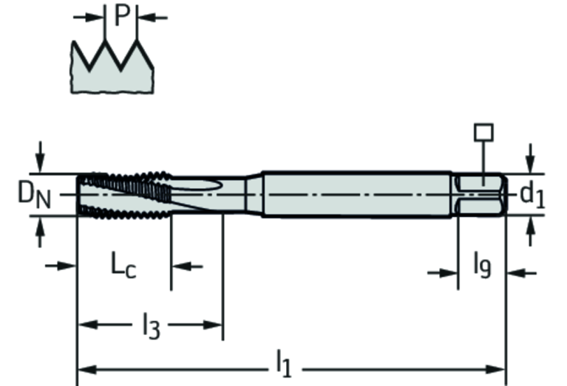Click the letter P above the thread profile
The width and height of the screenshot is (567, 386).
(122, 15)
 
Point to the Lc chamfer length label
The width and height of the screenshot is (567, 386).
(123, 265)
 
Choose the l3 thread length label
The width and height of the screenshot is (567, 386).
(151, 324)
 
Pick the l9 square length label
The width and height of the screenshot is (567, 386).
(482, 263)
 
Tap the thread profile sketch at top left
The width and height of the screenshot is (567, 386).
(112, 66)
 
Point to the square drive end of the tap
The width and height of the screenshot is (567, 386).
(481, 195)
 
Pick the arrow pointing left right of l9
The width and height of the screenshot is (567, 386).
(515, 273)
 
